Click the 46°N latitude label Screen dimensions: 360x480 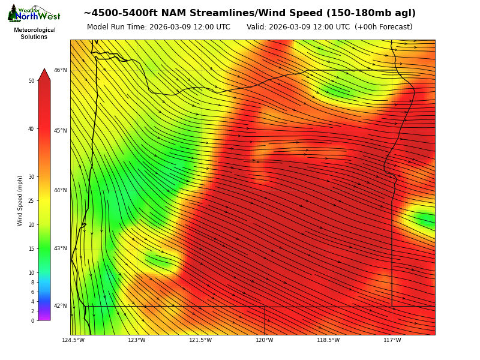(61, 70)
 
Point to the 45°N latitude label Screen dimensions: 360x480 (61, 131)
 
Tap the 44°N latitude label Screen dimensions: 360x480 (61, 190)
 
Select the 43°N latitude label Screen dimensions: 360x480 (61, 248)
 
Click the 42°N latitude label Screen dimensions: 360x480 (61, 306)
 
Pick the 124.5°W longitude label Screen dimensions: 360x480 (73, 340)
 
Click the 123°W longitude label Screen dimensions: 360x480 (137, 340)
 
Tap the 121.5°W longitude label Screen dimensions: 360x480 (200, 340)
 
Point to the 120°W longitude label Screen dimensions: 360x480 (265, 340)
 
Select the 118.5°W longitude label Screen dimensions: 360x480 (328, 340)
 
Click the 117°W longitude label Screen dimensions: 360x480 (392, 340)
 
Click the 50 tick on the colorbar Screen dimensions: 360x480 (31, 81)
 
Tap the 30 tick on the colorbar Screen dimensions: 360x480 (31, 177)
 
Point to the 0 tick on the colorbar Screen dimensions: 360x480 (32, 321)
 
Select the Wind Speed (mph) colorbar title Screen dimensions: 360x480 (20, 200)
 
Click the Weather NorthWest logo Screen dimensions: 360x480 (34, 14)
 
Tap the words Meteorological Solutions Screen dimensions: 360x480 (35, 34)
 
